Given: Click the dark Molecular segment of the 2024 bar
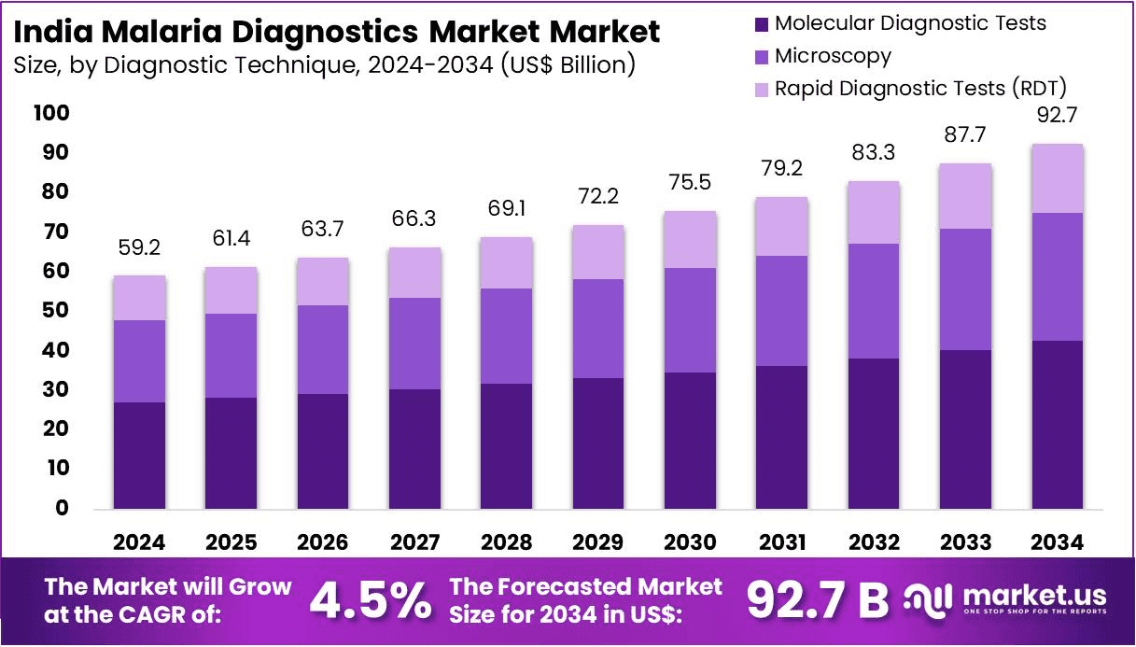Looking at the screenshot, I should point(139,455).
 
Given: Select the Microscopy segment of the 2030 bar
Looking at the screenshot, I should point(690,320).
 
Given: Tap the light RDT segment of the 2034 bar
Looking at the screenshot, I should point(1058,178).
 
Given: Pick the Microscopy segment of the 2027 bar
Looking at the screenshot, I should point(414,344).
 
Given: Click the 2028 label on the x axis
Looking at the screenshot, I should point(507,542).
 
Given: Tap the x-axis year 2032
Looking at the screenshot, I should point(874,542).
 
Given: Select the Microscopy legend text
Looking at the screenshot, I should point(833,56).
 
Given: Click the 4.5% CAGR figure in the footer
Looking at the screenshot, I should point(370,601).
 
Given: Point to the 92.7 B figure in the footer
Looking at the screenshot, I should point(818,601).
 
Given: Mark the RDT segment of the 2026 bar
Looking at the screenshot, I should point(323,281).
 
